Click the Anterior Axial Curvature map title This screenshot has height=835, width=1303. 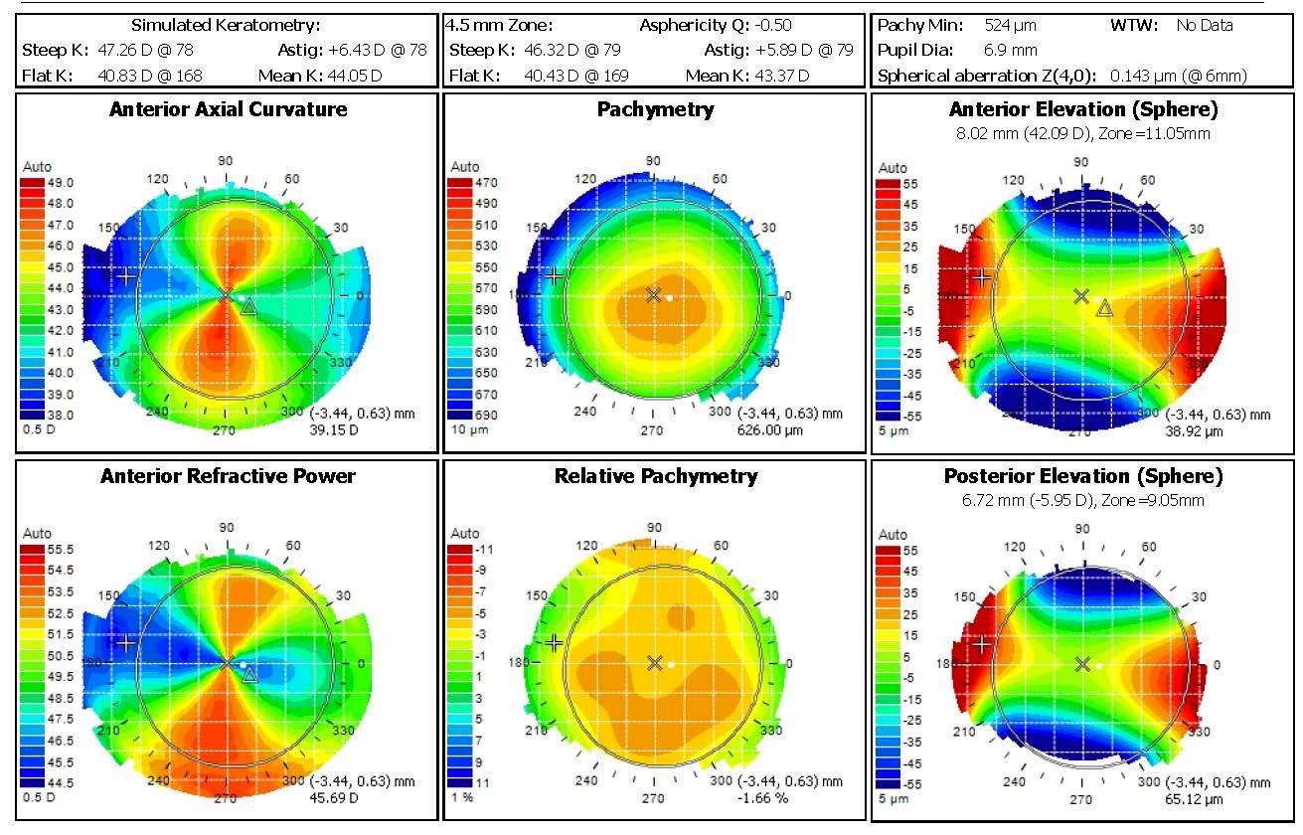click(x=229, y=109)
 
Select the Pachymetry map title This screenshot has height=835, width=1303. click(x=655, y=109)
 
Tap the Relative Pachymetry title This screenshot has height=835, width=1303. click(x=655, y=476)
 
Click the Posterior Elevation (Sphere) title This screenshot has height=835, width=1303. click(x=1082, y=476)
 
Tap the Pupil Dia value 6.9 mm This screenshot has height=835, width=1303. click(x=1011, y=50)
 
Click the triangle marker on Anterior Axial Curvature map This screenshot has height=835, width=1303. click(x=248, y=306)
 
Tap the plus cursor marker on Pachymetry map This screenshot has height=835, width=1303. click(x=555, y=276)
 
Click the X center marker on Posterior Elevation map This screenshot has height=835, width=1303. click(x=1082, y=663)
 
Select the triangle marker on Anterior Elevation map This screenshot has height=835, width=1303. click(x=1103, y=309)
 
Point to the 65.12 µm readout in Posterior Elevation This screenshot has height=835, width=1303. click(x=1193, y=798)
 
